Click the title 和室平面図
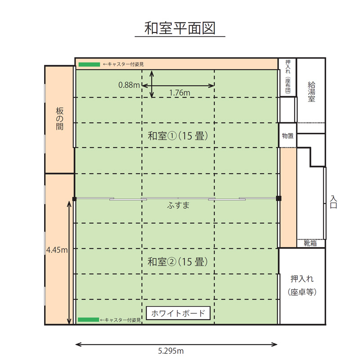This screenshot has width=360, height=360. point(180,28)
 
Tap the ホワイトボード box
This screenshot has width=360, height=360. point(178,313)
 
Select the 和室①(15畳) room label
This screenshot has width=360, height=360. point(178,136)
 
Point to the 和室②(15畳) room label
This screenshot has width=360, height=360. point(177,261)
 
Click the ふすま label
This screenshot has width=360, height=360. point(178,205)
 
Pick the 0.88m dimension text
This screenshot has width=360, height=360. point(129,85)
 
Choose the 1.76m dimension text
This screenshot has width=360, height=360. point(180,93)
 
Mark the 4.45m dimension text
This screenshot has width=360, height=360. point(57,250)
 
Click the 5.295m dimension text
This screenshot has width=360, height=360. point(171,351)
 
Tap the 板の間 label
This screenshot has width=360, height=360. point(59,119)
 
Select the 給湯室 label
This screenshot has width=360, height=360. point(311,92)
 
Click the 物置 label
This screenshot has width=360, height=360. point(288,136)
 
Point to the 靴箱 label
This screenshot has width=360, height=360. point(310,243)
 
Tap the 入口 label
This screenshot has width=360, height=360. point(333,202)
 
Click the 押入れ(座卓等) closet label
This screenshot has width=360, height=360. point(302,285)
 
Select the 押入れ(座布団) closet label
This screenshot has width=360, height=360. point(288,76)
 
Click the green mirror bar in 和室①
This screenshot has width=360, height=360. point(89,64)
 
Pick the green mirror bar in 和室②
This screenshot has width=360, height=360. point(88,319)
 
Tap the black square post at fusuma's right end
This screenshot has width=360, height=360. point(279,198)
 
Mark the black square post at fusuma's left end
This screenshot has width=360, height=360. point(74,199)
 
